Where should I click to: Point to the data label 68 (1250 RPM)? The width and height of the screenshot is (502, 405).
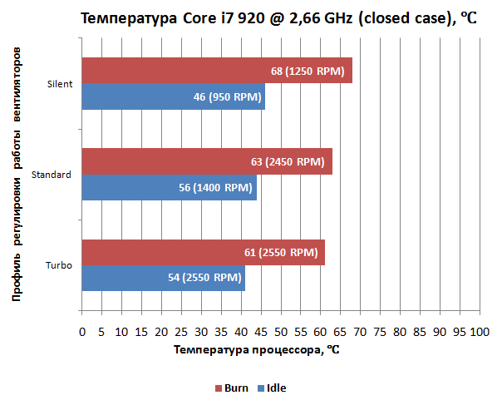(308, 71)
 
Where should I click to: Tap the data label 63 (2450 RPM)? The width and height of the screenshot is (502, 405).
(287, 161)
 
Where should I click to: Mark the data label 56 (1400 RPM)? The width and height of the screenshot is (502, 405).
(215, 187)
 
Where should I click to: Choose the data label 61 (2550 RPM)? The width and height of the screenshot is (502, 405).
(280, 252)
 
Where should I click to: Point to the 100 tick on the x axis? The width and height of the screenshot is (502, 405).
(478, 332)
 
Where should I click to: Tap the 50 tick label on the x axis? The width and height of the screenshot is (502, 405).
(280, 332)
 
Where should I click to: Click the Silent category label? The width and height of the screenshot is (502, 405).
(60, 84)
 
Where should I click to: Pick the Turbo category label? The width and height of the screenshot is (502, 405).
(59, 265)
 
